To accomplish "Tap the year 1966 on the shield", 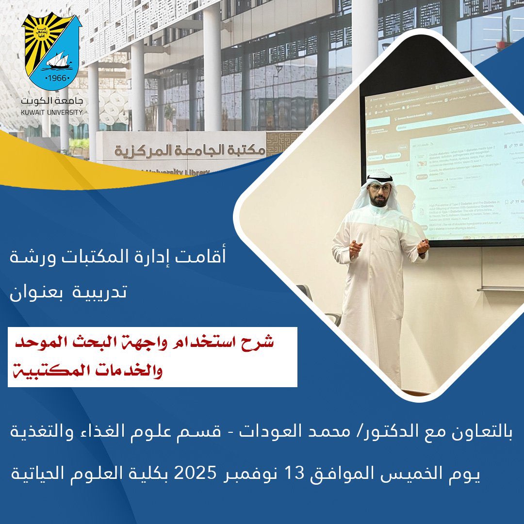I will [x=53, y=78].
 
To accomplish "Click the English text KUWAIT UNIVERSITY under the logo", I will [x=52, y=112].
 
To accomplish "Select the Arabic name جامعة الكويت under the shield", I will [x=52, y=102].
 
